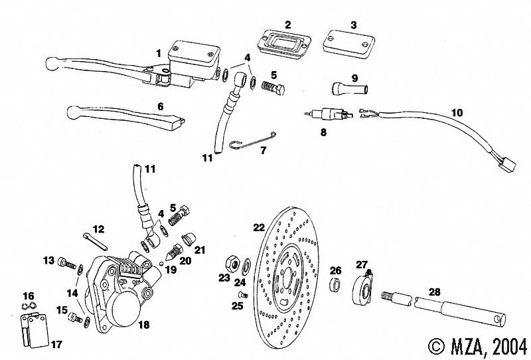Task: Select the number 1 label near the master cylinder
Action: click(159, 52)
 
